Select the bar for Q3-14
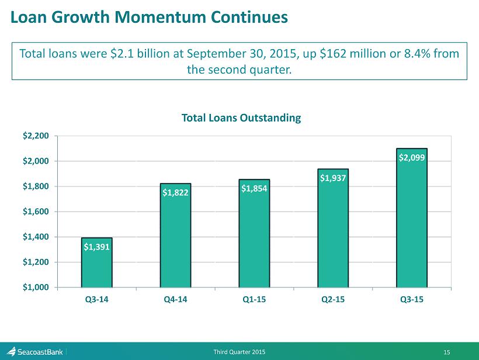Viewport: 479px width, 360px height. (x=96, y=262)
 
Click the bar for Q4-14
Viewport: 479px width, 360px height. (x=175, y=236)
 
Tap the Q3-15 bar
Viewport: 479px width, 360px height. (x=412, y=218)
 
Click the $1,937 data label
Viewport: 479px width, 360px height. (x=333, y=178)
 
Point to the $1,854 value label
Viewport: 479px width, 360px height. (x=254, y=188)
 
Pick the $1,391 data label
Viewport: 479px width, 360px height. (x=96, y=247)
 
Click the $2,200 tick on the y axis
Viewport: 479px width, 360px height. (x=36, y=136)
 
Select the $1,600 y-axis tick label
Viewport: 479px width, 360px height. (x=36, y=212)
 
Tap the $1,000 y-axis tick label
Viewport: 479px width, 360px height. (x=36, y=288)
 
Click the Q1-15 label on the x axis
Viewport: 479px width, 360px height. (x=254, y=299)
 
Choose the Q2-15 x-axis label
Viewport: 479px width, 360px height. (x=333, y=299)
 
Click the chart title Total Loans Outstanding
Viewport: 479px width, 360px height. (x=241, y=118)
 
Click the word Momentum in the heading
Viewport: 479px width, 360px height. (x=160, y=17)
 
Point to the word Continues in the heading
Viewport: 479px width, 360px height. (x=249, y=17)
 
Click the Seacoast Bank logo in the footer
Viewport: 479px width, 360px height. (x=34, y=352)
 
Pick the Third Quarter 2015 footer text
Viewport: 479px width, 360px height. (x=239, y=352)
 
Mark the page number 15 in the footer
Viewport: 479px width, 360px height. (x=447, y=352)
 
